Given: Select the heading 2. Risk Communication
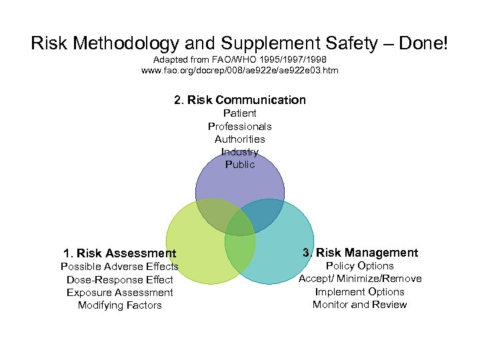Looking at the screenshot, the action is pyautogui.click(x=240, y=100).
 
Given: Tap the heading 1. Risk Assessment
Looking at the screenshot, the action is pyautogui.click(x=120, y=253).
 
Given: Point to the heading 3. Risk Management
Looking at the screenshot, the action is pyautogui.click(x=360, y=252).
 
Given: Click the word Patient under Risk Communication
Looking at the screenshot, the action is pyautogui.click(x=240, y=113).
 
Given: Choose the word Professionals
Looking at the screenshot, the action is pyautogui.click(x=240, y=126).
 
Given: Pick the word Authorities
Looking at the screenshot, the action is pyautogui.click(x=240, y=139).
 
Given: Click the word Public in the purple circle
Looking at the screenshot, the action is pyautogui.click(x=240, y=164).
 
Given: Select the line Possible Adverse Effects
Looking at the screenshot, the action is pyautogui.click(x=120, y=267).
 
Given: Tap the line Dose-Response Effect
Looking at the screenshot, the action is pyautogui.click(x=120, y=279).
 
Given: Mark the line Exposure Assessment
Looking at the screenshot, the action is pyautogui.click(x=120, y=292).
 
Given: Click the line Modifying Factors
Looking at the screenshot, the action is pyautogui.click(x=120, y=305).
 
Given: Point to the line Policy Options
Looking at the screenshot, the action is pyautogui.click(x=360, y=265).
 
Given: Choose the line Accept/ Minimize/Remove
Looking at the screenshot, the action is pyautogui.click(x=360, y=279).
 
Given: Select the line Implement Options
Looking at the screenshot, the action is pyautogui.click(x=360, y=291).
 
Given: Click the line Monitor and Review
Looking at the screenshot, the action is pyautogui.click(x=360, y=304).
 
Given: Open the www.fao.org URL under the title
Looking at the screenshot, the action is pyautogui.click(x=240, y=70).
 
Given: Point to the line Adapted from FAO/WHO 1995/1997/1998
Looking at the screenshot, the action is pyautogui.click(x=240, y=59).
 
